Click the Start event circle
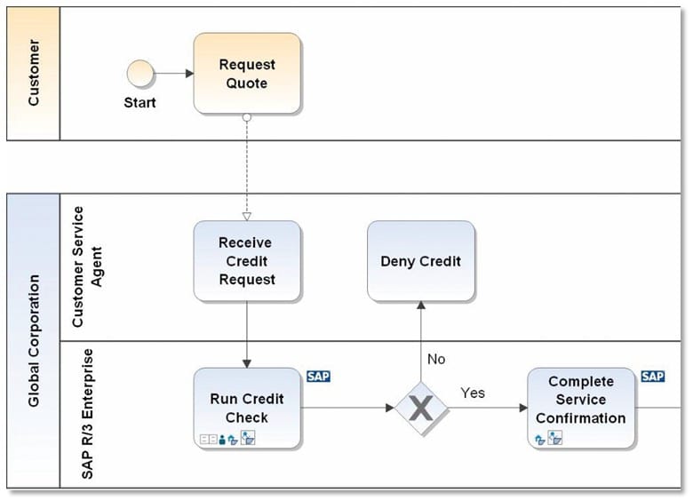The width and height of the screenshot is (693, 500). tap(139, 74)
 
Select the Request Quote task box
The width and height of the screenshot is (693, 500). tap(247, 74)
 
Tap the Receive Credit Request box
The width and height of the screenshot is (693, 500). tap(247, 261)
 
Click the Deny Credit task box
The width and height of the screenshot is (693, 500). tap(421, 261)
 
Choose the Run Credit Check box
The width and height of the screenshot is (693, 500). tap(247, 408)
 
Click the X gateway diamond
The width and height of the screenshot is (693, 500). tap(421, 409)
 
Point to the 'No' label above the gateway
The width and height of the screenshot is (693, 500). tap(436, 360)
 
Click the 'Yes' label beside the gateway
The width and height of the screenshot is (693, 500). tap(473, 393)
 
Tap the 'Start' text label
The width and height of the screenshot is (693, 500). tap(139, 103)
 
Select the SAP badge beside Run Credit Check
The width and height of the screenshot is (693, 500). tap(318, 377)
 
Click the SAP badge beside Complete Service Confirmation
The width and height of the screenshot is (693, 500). tap(652, 377)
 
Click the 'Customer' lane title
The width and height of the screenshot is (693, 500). tap(34, 74)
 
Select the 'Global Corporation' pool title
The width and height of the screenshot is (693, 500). tap(34, 341)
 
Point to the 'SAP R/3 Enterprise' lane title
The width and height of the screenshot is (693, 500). tap(87, 415)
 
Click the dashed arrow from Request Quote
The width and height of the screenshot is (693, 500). tap(247, 169)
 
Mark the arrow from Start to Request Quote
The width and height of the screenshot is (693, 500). tap(173, 74)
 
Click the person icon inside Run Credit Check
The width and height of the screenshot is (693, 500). tap(222, 439)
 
